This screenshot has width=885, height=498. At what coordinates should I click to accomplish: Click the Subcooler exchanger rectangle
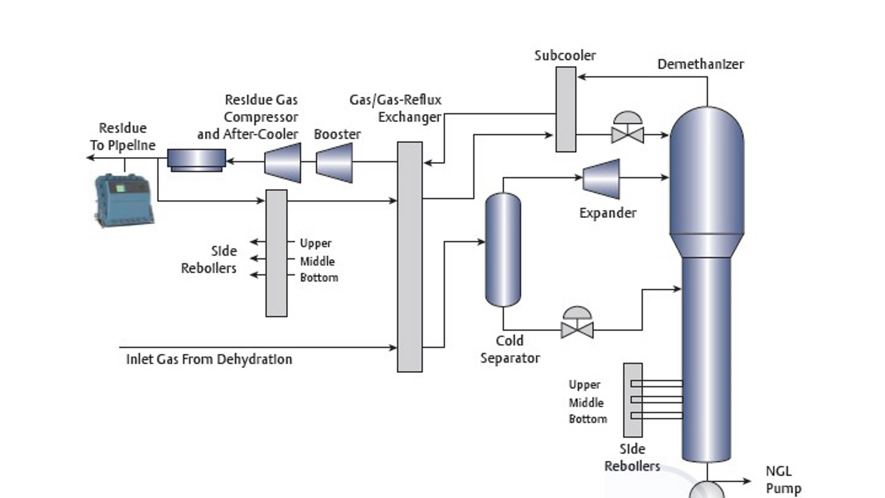566,109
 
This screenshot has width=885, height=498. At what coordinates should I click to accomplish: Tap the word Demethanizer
700,64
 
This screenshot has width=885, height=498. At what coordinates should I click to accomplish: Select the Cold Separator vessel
503,249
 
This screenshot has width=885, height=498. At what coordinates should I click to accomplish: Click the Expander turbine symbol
602,179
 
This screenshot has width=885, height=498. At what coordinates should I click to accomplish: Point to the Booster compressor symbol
335,162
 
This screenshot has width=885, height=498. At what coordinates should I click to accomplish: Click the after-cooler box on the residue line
196,160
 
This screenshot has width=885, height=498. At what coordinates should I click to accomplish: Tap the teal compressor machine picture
124,201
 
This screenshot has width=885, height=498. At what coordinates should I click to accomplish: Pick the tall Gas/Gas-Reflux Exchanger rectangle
409,256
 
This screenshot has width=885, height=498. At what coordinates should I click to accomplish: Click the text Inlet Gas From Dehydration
209,359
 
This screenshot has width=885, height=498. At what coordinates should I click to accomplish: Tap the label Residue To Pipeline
123,136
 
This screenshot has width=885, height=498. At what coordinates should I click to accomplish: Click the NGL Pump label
783,480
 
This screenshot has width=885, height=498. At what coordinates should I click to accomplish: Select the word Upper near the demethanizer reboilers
584,385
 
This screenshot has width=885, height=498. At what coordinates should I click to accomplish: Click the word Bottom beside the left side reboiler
319,278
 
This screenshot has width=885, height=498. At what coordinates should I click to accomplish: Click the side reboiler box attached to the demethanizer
632,400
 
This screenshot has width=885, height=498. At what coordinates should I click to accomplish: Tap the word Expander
608,213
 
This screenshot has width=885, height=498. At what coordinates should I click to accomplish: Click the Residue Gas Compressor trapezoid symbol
283,162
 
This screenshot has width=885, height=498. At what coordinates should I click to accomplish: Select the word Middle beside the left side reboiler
317,261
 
